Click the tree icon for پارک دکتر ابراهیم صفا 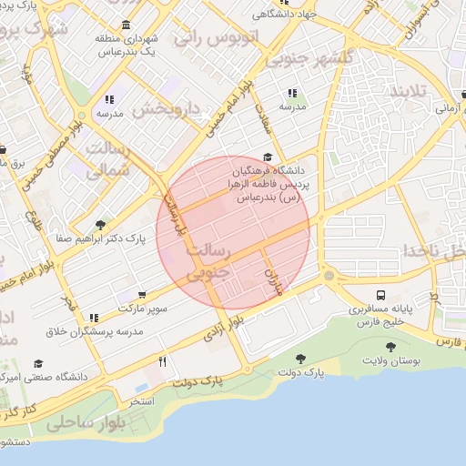tap(100, 225)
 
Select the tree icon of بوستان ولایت tap(390, 347)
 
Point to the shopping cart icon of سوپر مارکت tap(141, 295)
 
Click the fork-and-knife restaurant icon tap(162, 361)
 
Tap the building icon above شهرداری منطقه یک tap(125, 25)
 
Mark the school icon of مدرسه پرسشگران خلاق tap(93, 318)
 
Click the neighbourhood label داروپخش tap(166, 110)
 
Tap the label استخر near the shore tap(140, 400)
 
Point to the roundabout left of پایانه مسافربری tap(329, 275)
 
